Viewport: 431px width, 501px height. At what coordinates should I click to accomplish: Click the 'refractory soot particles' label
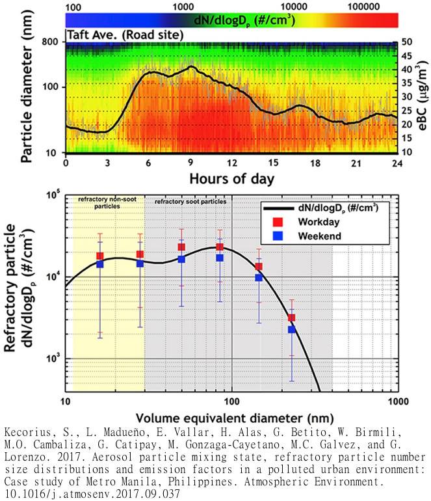click(190, 202)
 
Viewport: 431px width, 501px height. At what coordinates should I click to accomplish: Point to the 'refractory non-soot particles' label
click(108, 202)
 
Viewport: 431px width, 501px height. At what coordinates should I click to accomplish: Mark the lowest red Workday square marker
click(292, 318)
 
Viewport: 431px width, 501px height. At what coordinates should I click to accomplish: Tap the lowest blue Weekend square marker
click(292, 329)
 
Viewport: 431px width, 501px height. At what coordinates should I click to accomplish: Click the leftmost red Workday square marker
click(100, 256)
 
